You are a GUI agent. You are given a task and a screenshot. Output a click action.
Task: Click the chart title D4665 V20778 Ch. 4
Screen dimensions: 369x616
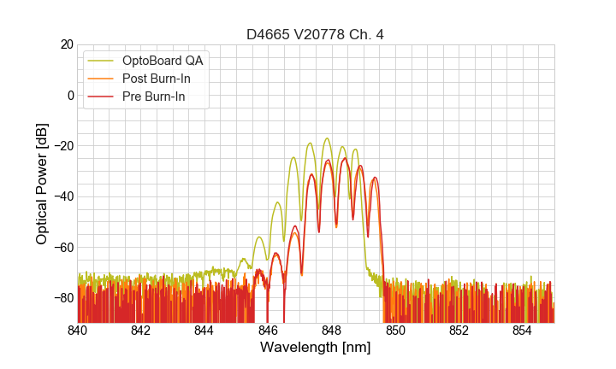pyautogui.click(x=315, y=34)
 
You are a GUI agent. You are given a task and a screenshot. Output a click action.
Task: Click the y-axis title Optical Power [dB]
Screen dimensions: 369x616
pyautogui.click(x=42, y=184)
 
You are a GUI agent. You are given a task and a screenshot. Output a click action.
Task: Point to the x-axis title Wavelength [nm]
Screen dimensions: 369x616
pyautogui.click(x=315, y=348)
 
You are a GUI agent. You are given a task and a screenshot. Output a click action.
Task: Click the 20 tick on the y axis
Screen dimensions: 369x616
pyautogui.click(x=64, y=44)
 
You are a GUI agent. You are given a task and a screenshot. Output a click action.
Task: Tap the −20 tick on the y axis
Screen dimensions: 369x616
pyautogui.click(x=62, y=145)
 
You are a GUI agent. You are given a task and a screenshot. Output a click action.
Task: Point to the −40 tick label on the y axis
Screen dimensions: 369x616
pyautogui.click(x=62, y=196)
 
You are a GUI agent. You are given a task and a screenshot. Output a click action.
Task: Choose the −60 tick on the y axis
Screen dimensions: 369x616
pyautogui.click(x=62, y=247)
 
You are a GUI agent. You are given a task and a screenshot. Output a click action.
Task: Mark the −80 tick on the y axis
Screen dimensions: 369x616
pyautogui.click(x=62, y=297)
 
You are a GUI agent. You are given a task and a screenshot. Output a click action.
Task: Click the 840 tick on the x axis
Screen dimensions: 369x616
pyautogui.click(x=78, y=330)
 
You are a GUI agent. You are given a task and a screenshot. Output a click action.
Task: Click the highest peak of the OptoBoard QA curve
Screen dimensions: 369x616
pyautogui.click(x=327, y=138)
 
